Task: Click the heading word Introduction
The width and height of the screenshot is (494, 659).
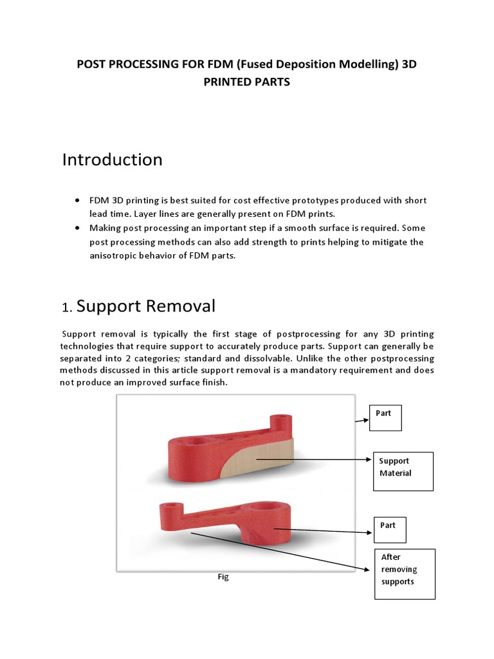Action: pyautogui.click(x=112, y=160)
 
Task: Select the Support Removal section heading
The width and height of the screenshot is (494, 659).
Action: pyautogui.click(x=146, y=306)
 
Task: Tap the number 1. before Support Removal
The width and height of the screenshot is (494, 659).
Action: pyautogui.click(x=68, y=308)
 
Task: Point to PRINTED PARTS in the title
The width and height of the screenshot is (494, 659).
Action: pyautogui.click(x=247, y=82)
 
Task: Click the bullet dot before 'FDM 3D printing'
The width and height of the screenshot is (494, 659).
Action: pyautogui.click(x=78, y=200)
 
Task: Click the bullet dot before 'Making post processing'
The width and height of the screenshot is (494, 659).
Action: pyautogui.click(x=78, y=228)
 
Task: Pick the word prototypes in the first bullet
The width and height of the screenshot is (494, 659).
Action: pyautogui.click(x=294, y=201)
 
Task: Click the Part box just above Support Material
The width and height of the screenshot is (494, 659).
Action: pyautogui.click(x=385, y=418)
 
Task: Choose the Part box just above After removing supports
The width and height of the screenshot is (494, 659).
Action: pyautogui.click(x=390, y=529)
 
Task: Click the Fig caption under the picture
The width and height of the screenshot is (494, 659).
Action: pyautogui.click(x=223, y=577)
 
